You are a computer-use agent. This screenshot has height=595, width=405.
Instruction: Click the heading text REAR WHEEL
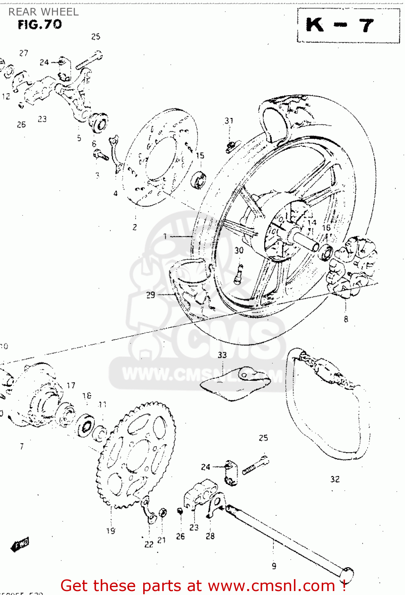click(x=44, y=12)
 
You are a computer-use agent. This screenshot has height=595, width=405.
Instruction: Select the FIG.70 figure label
click(x=40, y=25)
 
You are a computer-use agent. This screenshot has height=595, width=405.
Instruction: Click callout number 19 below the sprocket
click(x=111, y=530)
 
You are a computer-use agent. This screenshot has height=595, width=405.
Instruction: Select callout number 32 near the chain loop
click(x=335, y=479)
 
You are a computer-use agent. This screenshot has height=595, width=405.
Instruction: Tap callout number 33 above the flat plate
click(x=222, y=355)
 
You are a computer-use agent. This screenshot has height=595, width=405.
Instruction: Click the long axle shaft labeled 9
click(x=286, y=539)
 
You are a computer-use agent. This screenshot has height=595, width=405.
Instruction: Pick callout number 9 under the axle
click(x=274, y=566)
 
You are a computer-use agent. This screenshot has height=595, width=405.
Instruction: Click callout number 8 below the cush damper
click(x=346, y=319)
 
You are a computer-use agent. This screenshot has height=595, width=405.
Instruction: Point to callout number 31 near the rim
click(x=229, y=121)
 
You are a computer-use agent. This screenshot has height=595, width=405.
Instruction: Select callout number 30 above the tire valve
click(x=239, y=250)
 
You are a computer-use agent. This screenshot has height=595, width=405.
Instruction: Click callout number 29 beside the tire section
click(x=150, y=295)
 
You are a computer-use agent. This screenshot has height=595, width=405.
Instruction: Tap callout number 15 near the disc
click(x=200, y=155)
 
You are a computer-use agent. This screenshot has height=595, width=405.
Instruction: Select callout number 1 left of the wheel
click(x=165, y=236)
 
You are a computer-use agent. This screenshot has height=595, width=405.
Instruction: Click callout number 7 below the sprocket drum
click(x=22, y=446)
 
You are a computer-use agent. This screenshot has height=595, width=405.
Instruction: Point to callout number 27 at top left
click(x=24, y=53)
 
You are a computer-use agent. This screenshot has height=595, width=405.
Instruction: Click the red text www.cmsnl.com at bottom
click(x=272, y=585)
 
